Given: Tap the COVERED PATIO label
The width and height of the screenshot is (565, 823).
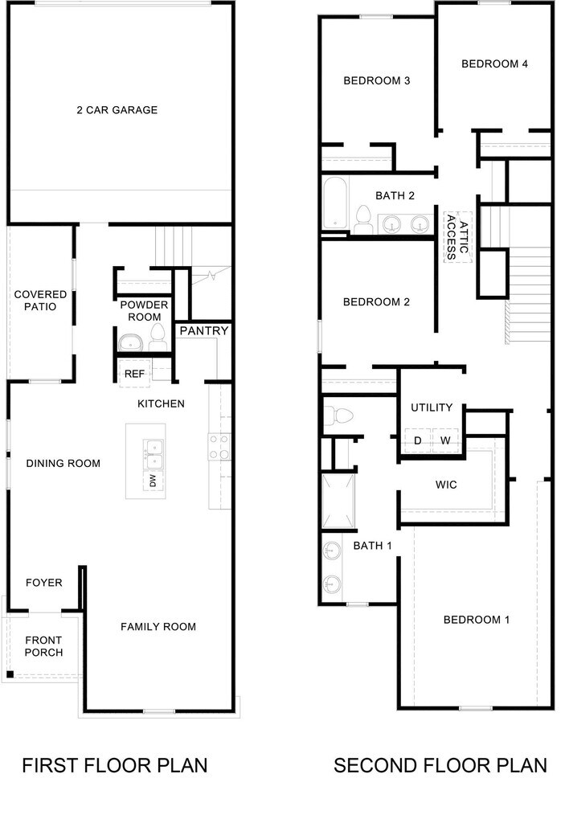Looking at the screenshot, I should click(x=40, y=301).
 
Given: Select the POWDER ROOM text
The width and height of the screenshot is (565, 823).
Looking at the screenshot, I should click(x=144, y=311).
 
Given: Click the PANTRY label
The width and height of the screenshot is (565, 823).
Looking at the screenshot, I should click(x=203, y=330).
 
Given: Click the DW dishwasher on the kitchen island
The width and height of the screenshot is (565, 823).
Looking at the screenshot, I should click(x=153, y=481).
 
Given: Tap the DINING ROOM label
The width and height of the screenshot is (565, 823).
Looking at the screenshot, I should click(x=63, y=464).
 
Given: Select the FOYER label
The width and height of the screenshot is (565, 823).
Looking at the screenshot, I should click(x=43, y=583).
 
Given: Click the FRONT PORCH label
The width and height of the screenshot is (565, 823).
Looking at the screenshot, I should click(x=43, y=646).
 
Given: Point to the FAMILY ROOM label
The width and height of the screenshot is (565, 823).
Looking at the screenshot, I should click(x=158, y=627).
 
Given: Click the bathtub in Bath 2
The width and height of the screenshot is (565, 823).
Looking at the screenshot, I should click(x=334, y=203).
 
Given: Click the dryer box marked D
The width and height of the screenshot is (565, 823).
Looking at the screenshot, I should click(x=418, y=440).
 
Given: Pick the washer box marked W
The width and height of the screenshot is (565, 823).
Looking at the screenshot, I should click(x=445, y=440).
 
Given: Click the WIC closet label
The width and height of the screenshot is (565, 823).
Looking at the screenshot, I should click(x=446, y=485).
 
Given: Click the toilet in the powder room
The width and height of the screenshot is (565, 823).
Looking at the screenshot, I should click(x=157, y=340).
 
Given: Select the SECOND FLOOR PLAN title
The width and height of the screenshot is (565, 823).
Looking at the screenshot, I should click(x=440, y=765).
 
